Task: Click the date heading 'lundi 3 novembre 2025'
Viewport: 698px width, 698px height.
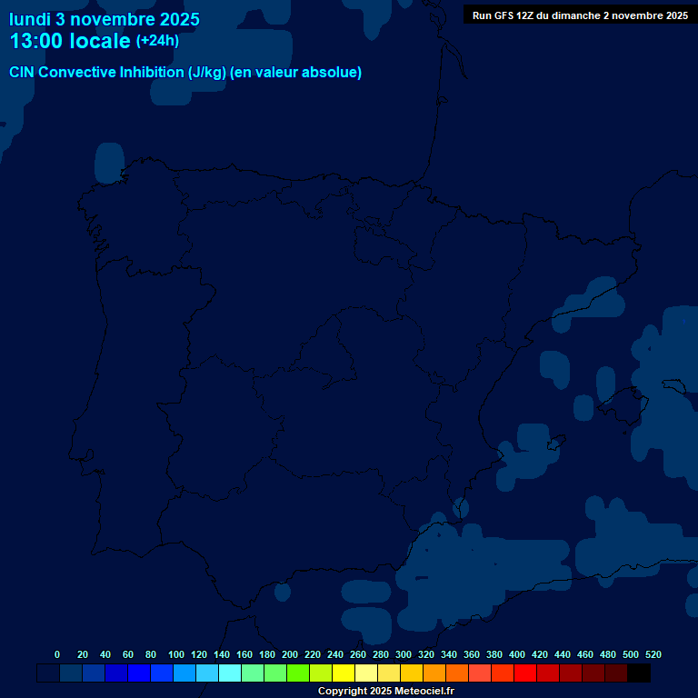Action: tap(105, 19)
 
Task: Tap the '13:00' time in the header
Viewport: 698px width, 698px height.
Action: tap(35, 41)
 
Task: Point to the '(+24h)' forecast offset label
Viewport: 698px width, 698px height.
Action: tap(157, 41)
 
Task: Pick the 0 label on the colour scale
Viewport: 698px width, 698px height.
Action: tap(57, 654)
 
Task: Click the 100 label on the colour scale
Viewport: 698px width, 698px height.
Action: tap(175, 654)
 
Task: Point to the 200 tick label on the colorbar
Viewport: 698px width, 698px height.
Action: tap(289, 654)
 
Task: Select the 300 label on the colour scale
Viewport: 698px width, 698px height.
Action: tap(403, 654)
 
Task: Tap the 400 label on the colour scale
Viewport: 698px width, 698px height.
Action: tap(516, 654)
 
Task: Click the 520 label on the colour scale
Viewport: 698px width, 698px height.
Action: tap(653, 654)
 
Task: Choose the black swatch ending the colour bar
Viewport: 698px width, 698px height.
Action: tap(639, 673)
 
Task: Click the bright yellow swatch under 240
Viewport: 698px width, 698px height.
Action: tap(344, 673)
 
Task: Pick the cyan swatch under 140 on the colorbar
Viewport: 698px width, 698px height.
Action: tap(230, 673)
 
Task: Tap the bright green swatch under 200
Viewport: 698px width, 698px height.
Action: tap(298, 673)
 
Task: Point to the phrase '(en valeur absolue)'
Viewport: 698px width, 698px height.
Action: tap(296, 73)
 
